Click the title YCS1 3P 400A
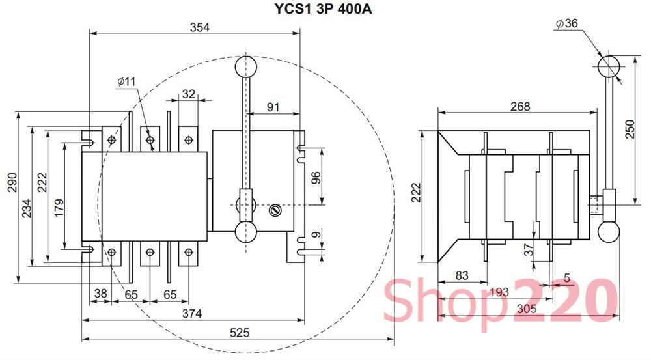(323, 8)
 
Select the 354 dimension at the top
(200, 27)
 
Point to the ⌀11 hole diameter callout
(126, 81)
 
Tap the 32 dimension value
(189, 94)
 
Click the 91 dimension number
(273, 107)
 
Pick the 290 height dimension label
(12, 182)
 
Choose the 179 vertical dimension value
(59, 208)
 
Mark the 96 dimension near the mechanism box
(316, 177)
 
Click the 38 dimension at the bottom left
(100, 294)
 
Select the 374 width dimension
(192, 314)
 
